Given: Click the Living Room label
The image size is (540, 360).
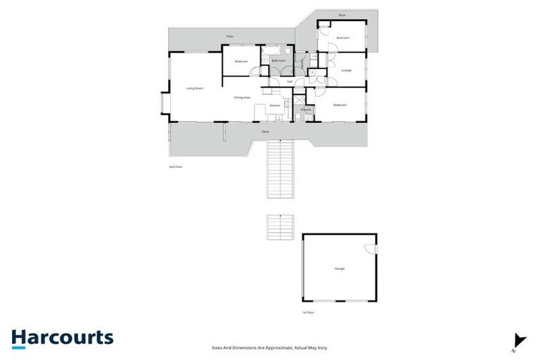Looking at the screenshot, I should pos(195,89).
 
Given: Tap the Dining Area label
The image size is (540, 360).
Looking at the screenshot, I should pos(243,97).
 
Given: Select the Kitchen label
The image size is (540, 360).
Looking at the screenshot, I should pos(275,105).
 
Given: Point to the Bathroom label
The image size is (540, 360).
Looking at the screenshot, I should pos(278,60).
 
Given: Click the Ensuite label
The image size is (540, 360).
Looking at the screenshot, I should pos(306,110).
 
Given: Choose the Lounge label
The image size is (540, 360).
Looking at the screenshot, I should pos(346,70).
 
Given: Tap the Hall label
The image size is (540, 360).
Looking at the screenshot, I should pos(289,82).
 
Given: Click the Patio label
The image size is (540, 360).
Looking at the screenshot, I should pos(229,36).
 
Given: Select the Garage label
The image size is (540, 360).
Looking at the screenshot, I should pos(340,269).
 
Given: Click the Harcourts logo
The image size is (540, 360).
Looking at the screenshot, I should pos(62,337).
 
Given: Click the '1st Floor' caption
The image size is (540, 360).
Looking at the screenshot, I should pos(307,312).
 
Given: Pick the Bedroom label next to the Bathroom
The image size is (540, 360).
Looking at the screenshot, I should pos(241,61).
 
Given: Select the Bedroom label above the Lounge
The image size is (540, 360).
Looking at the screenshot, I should pos(343,37).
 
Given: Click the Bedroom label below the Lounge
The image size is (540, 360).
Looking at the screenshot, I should pos(340,105).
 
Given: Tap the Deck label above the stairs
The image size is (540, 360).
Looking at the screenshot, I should pos(265,131).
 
